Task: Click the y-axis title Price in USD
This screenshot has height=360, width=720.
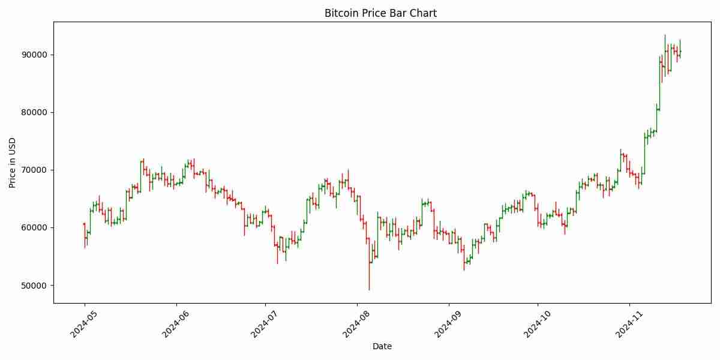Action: tap(13, 162)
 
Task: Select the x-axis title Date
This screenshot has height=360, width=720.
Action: tap(382, 346)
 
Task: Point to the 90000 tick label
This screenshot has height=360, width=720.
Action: tap(35, 55)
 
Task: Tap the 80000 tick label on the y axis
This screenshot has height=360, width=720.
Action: tap(35, 112)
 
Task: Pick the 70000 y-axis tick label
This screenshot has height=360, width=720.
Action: tap(35, 170)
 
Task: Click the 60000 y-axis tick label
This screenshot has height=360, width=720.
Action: tap(35, 227)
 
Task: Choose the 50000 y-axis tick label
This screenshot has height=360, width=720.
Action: tap(35, 285)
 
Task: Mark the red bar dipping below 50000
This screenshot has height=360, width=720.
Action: tap(369, 264)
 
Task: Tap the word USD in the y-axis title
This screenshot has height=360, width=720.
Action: tap(13, 145)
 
